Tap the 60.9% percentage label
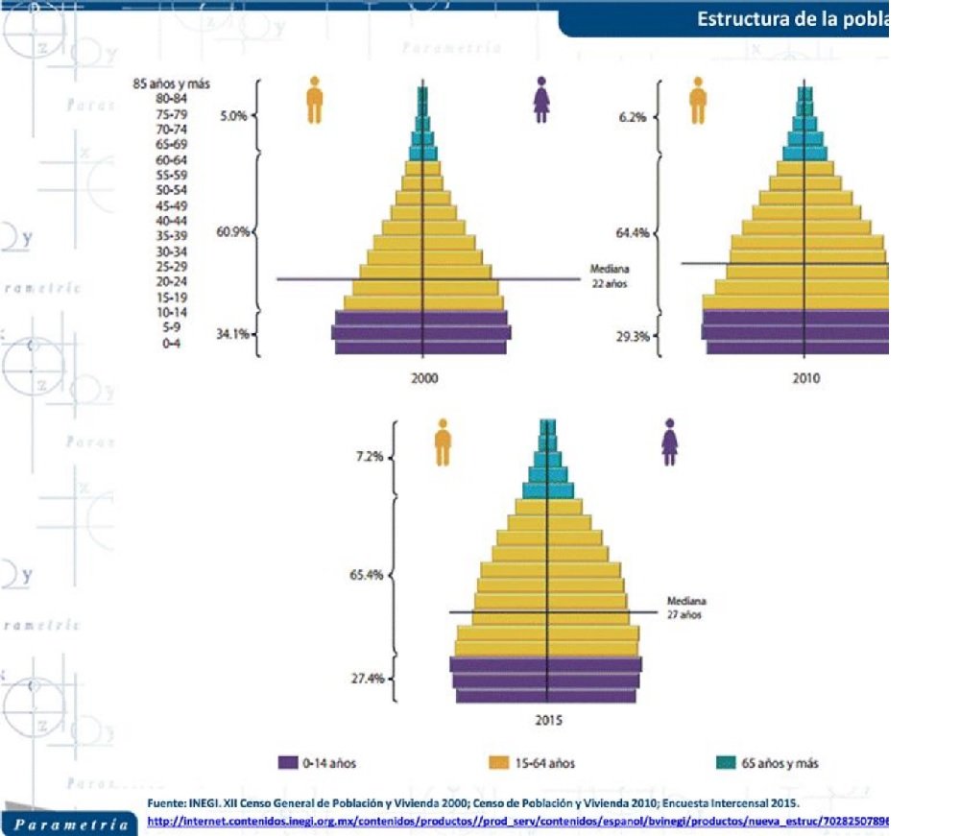pyautogui.click(x=234, y=231)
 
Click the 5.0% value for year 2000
pyautogui.click(x=234, y=116)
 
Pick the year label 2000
pyautogui.click(x=424, y=378)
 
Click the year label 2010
pyautogui.click(x=806, y=378)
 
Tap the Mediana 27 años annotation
pyautogui.click(x=686, y=607)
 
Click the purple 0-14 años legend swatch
pyautogui.click(x=288, y=763)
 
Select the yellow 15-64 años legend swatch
pyautogui.click(x=499, y=763)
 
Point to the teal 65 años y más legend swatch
pyautogui.click(x=726, y=763)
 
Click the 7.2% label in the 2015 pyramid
pyautogui.click(x=370, y=456)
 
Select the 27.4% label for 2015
pyautogui.click(x=370, y=678)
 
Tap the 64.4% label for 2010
pyautogui.click(x=633, y=232)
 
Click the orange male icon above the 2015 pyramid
pyautogui.click(x=443, y=442)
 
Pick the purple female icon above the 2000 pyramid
pyautogui.click(x=541, y=100)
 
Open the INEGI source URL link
pyautogui.click(x=518, y=822)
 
